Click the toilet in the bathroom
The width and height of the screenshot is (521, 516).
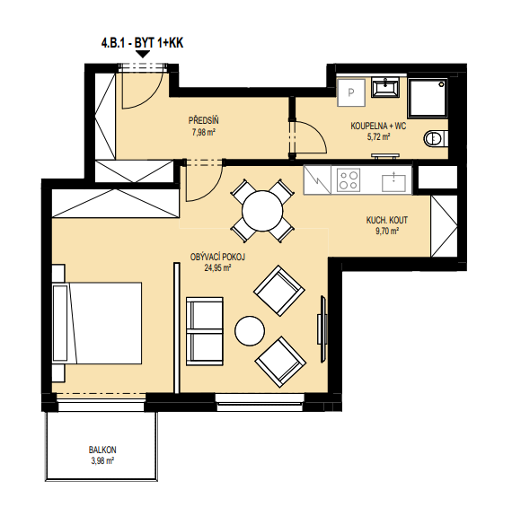436,138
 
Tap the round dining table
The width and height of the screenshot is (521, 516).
262,211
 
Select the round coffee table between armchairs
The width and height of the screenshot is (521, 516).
250,331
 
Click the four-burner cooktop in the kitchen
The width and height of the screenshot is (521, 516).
349,180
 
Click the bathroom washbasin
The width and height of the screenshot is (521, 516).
385,88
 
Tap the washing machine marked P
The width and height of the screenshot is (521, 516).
351,92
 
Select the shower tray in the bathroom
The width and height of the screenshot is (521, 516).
428,98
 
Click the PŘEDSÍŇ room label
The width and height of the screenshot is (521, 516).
203,120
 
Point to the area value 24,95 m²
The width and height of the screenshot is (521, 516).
217,267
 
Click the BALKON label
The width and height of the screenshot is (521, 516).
102,450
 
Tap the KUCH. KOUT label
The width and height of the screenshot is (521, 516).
387,220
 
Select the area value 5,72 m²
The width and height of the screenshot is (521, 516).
378,136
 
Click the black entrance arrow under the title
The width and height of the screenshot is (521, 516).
143,54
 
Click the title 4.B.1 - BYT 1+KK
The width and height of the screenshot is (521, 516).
142,43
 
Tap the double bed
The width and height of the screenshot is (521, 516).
97,323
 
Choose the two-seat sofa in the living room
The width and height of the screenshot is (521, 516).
204,331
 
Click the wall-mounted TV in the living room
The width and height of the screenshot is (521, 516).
322,329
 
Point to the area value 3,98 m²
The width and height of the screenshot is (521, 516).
102,461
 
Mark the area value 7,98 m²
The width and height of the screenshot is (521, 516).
203,133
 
